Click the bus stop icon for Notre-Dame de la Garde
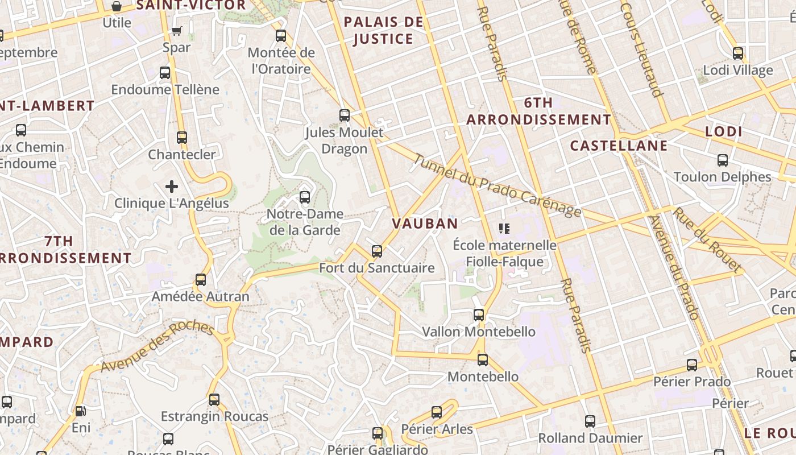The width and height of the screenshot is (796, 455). tap(305, 197)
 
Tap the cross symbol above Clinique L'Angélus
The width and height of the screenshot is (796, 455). tap(172, 187)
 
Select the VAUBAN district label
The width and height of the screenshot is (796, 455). tap(425, 224)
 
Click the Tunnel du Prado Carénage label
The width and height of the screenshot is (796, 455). tap(497, 185)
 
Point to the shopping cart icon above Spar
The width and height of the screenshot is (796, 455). tap(177, 31)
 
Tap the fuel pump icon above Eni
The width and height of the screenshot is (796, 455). tap(81, 411)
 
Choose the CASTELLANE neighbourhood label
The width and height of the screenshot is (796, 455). tap(619, 146)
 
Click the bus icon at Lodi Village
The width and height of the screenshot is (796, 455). tap(738, 53)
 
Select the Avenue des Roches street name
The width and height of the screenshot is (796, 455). tap(157, 348)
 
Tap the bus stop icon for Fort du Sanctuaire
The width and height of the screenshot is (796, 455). tap(376, 251)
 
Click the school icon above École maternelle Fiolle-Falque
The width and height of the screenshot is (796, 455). tap(504, 229)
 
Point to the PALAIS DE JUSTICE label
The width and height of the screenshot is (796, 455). tap(384, 31)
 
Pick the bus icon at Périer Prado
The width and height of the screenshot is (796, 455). tap(691, 365)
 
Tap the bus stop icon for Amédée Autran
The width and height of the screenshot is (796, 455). tap(200, 279)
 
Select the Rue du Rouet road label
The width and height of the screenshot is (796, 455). tap(707, 239)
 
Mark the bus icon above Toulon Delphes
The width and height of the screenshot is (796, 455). tap(722, 160)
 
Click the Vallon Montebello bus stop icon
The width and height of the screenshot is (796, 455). tap(479, 315)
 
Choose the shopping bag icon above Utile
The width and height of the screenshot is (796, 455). tap(117, 6)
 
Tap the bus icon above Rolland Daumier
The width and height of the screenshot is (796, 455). tap(590, 421)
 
